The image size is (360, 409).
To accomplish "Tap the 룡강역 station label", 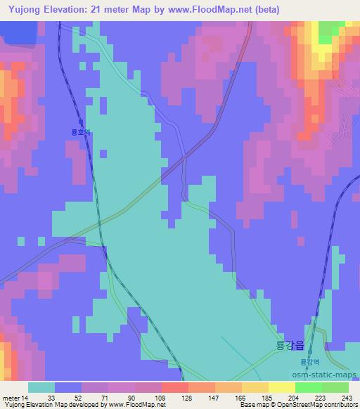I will [309, 362].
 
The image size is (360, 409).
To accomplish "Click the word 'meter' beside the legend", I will [11, 397].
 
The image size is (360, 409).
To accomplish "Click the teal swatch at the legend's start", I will [41, 387].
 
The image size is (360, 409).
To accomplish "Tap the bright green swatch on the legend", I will [308, 387].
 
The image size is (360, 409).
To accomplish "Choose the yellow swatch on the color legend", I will [281, 387].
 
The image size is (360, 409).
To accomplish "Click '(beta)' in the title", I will [264, 9].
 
